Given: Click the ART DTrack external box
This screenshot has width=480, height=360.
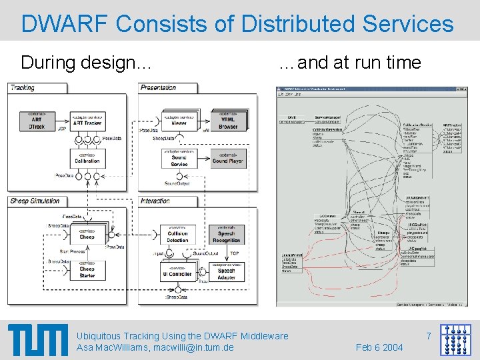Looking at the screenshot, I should [36, 122].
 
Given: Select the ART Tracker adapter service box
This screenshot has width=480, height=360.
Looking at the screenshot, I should [86, 122].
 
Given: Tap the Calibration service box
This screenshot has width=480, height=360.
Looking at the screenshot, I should [86, 158].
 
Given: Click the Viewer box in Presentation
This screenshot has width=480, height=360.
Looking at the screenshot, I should [179, 122].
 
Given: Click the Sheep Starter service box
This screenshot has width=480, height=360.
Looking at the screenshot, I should [87, 271].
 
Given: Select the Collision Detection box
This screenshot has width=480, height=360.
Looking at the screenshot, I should [178, 235].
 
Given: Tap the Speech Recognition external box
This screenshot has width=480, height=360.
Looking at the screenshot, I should [227, 235].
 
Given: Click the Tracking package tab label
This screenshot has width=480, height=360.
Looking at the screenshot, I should [23, 88].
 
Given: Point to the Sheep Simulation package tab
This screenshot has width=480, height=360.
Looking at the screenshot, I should [35, 201].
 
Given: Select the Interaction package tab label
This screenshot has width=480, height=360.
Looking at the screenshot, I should [155, 201].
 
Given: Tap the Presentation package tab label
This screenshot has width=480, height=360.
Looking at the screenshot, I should [159, 88].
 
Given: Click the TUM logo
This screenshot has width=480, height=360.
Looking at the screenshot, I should [38, 341].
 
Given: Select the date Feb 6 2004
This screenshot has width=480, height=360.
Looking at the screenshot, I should [379, 347].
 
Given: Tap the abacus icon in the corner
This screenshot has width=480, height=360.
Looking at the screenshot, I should [457, 339].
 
